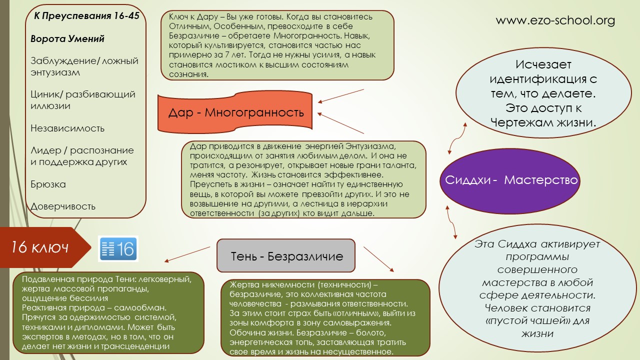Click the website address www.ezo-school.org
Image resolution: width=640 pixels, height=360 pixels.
tap(555, 20)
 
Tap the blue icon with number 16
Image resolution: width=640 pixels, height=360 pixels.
tap(118, 248)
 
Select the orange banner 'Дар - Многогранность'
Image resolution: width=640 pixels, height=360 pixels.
tap(235, 112)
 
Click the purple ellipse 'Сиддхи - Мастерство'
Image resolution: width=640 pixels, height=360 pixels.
tap(510, 180)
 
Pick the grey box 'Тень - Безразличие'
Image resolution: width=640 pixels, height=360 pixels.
tap(286, 255)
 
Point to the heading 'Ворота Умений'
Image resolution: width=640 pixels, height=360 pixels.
tap(67, 38)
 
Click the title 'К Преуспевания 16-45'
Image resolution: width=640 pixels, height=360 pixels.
tap(86, 15)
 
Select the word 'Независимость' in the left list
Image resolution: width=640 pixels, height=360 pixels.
tap(67, 128)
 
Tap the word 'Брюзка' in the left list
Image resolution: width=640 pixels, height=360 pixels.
tap(48, 184)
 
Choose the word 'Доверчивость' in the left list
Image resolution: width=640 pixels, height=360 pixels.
tap(63, 206)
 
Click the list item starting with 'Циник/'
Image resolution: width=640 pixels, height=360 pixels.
tap(83, 100)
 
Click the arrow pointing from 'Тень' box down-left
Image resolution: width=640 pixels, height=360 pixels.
tap(187, 254)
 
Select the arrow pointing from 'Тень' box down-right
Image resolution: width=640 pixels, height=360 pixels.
tap(379, 259)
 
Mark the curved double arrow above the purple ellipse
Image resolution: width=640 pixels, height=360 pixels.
tap(457, 138)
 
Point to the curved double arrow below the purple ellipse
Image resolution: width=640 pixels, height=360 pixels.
tap(451, 222)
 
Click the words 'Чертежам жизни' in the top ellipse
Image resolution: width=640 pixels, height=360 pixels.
tap(543, 123)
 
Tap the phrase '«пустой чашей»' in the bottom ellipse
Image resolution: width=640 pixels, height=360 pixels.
tap(524, 321)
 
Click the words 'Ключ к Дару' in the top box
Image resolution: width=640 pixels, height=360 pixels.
tap(193, 17)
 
